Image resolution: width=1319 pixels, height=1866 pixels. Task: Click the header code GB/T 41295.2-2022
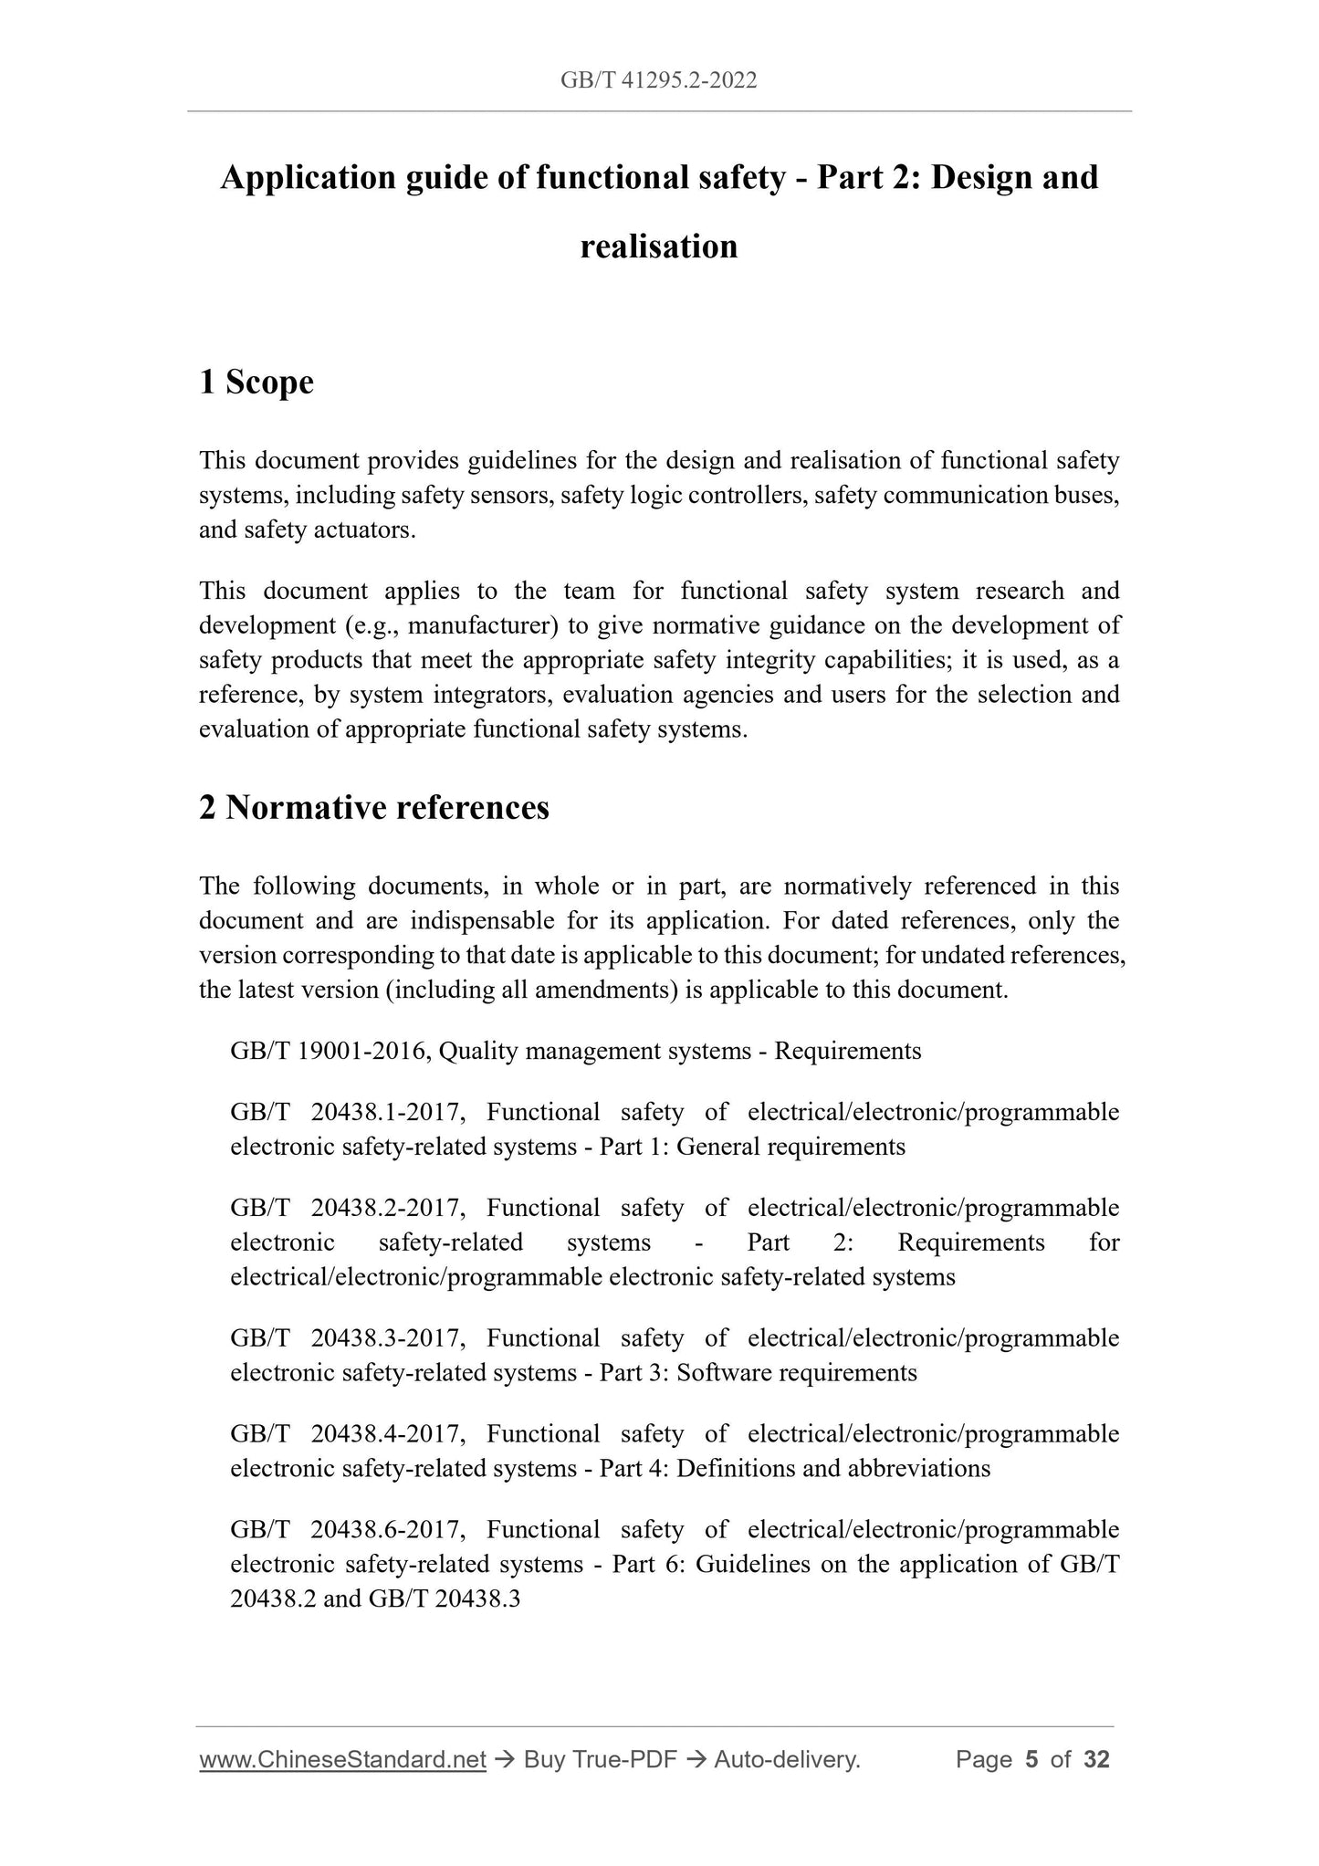(x=658, y=81)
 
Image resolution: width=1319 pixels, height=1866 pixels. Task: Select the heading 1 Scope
(x=256, y=382)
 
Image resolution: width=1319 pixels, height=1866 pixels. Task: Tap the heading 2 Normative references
(x=374, y=807)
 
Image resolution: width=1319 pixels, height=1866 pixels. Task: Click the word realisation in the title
(x=658, y=246)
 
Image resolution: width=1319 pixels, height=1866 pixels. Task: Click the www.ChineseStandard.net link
(x=342, y=1759)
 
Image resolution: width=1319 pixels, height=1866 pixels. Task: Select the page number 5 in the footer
(x=1031, y=1759)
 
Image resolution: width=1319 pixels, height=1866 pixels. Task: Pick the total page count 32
(x=1096, y=1759)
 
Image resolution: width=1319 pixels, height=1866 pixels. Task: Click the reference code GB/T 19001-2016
(x=330, y=1051)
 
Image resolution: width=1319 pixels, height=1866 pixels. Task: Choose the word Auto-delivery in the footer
(x=787, y=1759)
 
